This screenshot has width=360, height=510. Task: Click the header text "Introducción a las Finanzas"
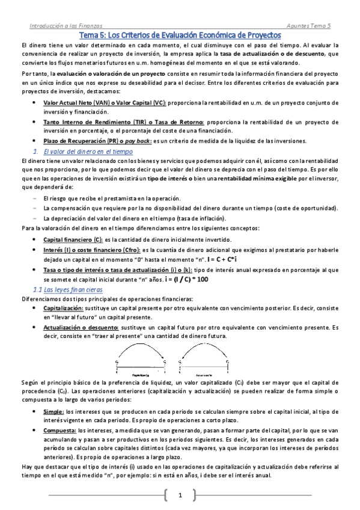[x=66, y=26]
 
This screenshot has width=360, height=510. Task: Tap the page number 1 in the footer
[x=180, y=496]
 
